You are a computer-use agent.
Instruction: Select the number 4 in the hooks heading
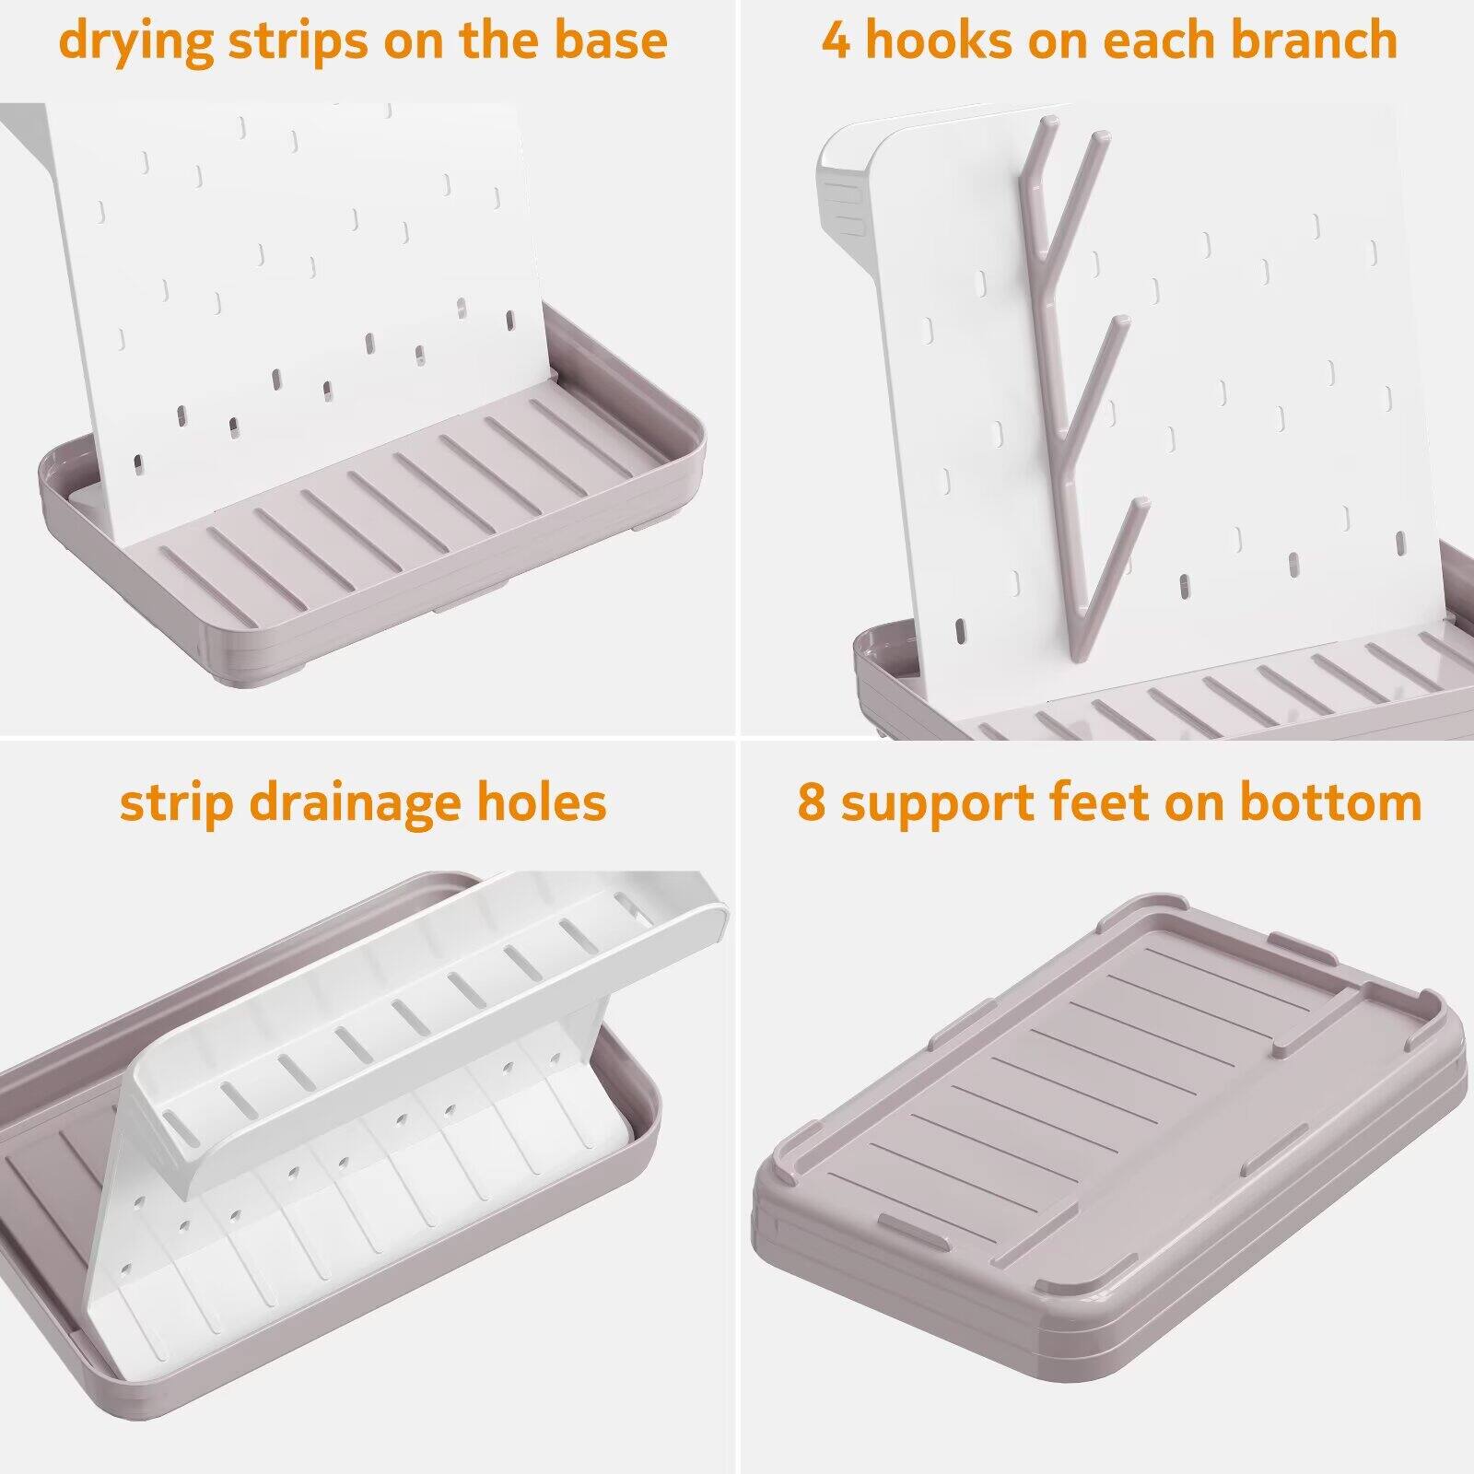tap(836, 41)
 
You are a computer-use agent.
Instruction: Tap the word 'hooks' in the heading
tap(937, 41)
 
